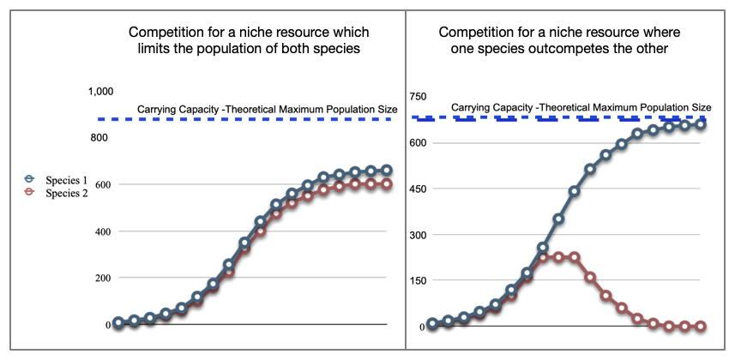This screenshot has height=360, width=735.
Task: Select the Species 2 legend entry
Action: (56, 193)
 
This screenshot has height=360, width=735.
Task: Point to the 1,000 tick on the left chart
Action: (101, 92)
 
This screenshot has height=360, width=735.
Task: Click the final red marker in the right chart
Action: (701, 327)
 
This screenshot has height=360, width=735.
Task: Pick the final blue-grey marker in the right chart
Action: (701, 124)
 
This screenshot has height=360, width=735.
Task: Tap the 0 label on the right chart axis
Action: (421, 327)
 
